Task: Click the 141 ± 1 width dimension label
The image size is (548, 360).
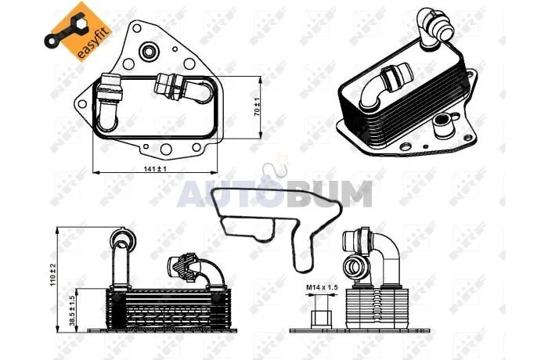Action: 155,169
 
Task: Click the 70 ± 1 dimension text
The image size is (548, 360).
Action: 257,107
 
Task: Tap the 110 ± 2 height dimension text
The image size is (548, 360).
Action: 53,275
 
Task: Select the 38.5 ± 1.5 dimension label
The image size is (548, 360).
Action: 72,311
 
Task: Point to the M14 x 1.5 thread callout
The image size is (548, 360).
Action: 322,287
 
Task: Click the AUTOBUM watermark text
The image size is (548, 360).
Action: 274,194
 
